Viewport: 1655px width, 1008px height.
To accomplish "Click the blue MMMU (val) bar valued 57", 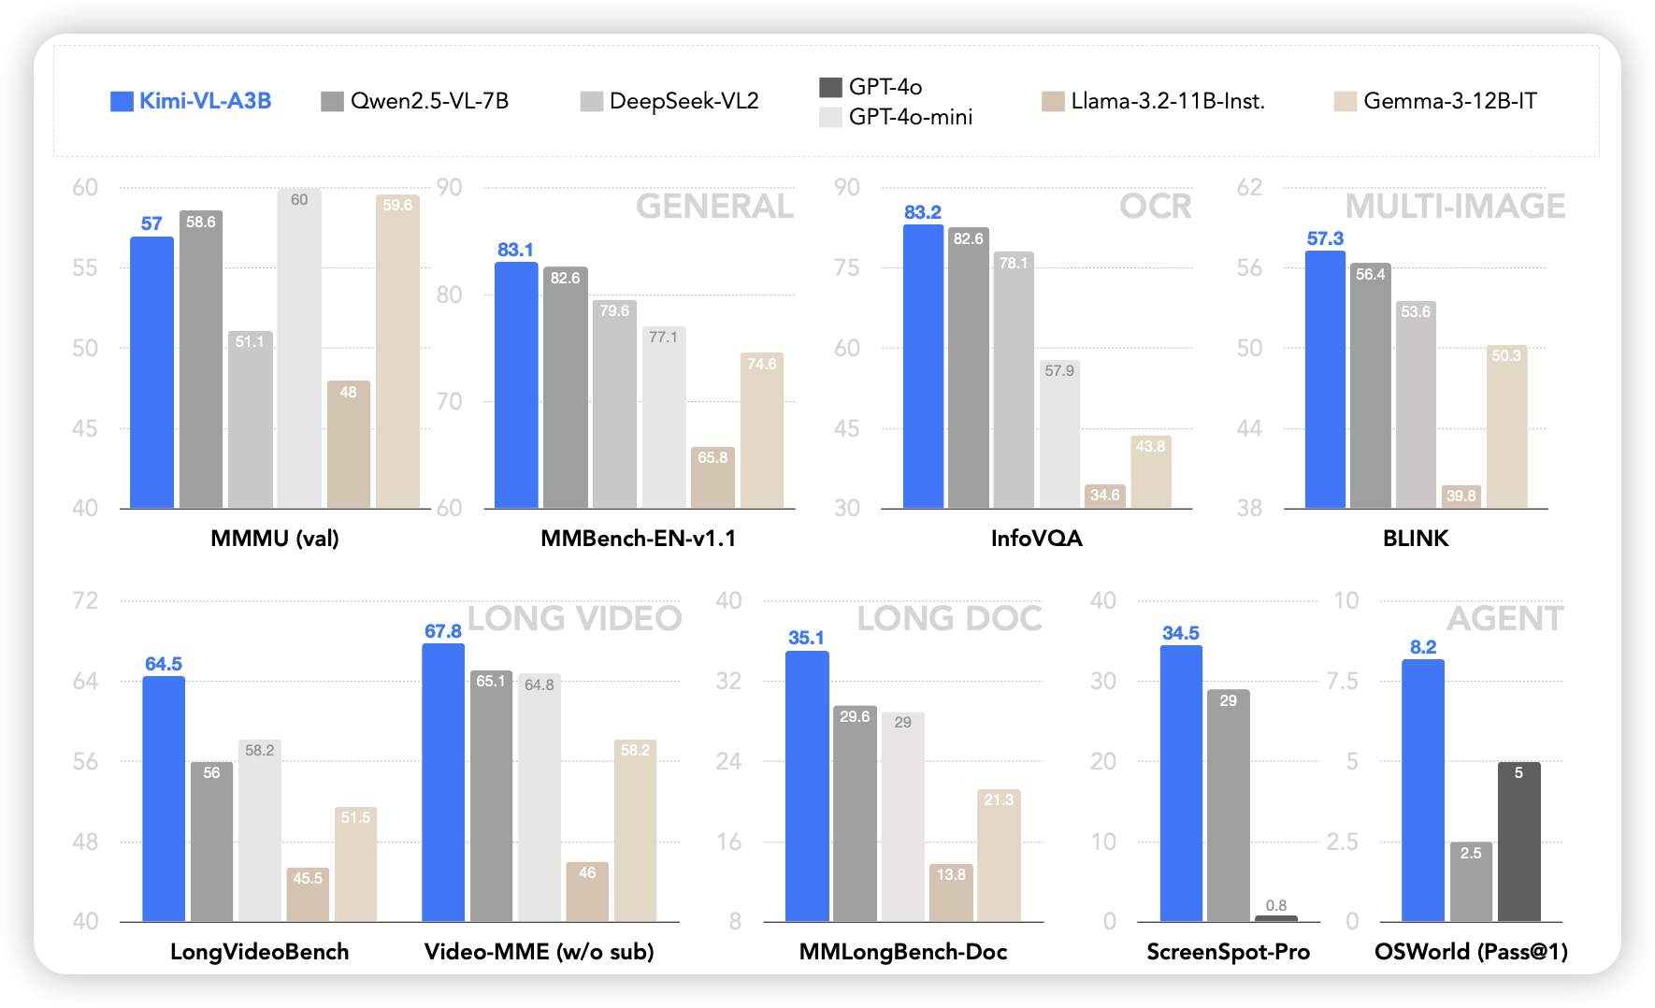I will (151, 374).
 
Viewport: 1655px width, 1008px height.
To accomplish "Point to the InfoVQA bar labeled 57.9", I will (1059, 436).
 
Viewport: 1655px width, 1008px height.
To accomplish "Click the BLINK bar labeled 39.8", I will (1461, 497).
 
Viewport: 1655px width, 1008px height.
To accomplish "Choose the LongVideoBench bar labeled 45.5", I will (308, 896).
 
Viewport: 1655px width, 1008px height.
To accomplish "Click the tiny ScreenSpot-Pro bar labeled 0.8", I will (1275, 918).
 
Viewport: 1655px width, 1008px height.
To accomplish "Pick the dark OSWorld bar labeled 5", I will (1518, 842).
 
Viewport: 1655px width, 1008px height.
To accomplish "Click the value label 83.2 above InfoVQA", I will (923, 212).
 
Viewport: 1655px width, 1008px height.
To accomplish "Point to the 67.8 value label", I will (443, 631).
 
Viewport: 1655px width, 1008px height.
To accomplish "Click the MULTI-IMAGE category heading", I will (1455, 207).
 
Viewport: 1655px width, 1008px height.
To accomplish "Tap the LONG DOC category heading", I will (949, 618).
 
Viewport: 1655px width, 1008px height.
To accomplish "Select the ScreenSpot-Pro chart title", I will (1228, 952).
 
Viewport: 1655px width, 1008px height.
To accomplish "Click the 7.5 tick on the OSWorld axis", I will (1343, 681).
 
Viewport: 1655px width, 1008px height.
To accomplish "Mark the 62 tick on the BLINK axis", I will (1249, 187).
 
